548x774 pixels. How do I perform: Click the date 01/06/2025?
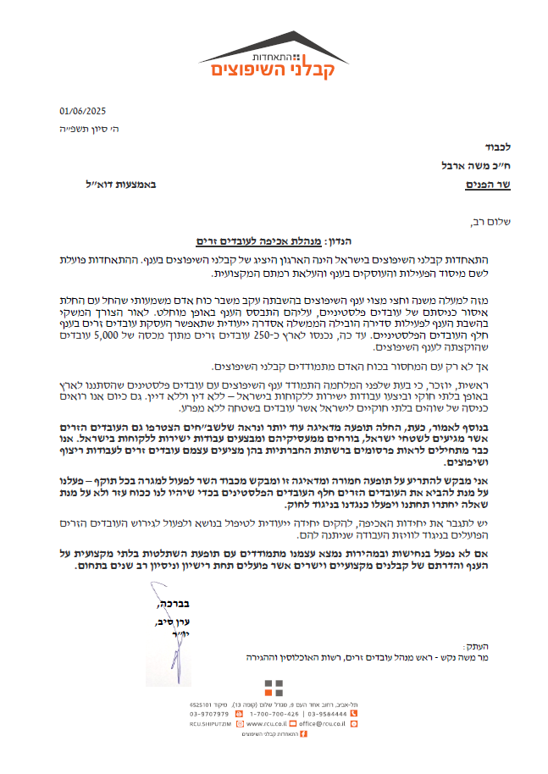(x=82, y=111)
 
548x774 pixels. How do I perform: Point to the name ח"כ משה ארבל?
(x=453, y=165)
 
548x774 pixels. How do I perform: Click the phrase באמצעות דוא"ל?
(x=121, y=183)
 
